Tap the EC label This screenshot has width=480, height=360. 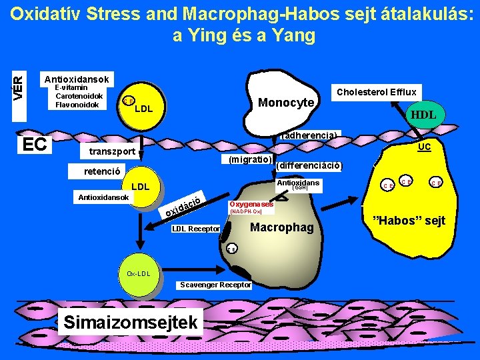(x=35, y=144)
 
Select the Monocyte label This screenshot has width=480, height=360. (x=285, y=103)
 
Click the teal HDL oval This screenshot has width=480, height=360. (x=423, y=115)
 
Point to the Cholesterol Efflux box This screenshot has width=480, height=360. (x=377, y=92)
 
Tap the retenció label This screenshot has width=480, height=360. (x=101, y=171)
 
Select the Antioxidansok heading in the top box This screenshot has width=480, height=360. (x=77, y=79)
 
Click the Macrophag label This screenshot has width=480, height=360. (x=281, y=228)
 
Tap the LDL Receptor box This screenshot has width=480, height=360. (x=196, y=229)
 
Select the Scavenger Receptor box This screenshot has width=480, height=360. (x=215, y=285)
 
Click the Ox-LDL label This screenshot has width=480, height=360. (x=139, y=273)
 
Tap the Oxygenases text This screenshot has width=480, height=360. (x=251, y=204)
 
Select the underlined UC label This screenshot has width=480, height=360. (x=424, y=146)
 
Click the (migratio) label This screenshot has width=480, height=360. (x=249, y=160)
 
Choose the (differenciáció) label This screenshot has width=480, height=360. (x=309, y=165)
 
